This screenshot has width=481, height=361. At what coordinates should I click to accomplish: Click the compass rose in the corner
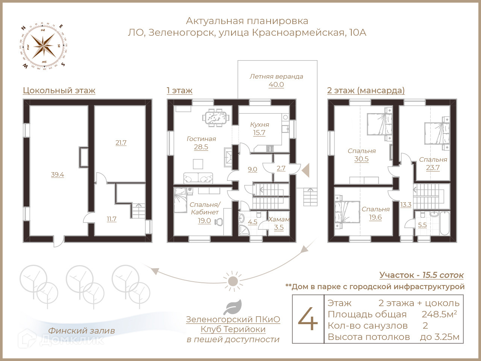43,46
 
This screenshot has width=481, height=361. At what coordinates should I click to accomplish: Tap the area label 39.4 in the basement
57,174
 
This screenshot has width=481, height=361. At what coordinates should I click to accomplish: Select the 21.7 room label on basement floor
121,143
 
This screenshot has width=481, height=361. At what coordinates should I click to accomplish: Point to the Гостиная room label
201,139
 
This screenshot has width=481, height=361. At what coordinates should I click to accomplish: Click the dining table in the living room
216,117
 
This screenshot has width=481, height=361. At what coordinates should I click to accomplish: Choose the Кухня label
260,124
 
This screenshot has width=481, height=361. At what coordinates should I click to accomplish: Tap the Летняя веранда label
276,76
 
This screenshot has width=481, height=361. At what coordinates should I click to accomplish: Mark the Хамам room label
279,219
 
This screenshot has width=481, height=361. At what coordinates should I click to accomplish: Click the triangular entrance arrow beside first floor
306,170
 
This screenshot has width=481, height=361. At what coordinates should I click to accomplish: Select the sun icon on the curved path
233,281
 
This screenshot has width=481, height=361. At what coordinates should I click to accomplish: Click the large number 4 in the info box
308,319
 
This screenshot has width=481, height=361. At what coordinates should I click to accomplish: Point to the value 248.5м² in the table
439,314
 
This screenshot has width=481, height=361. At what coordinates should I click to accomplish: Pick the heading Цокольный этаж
59,91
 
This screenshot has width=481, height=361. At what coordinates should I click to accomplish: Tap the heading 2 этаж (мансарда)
366,91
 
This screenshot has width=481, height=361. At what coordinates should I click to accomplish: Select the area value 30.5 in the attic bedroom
361,159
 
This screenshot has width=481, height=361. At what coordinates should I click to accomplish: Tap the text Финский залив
82,331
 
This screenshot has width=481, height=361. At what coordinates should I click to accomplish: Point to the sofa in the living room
198,178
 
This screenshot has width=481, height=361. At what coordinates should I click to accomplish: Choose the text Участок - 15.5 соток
421,275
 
